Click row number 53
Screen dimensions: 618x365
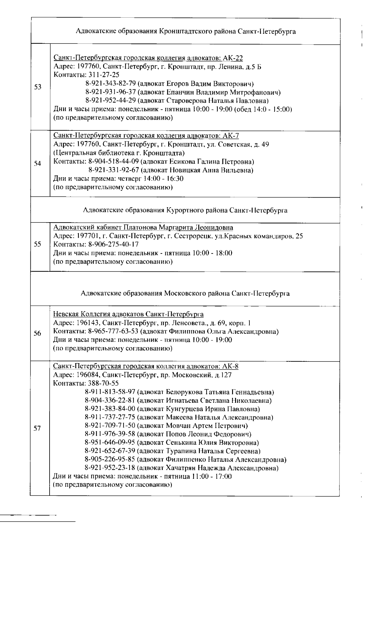pyautogui.click(x=38, y=87)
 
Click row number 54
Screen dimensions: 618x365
pyautogui.click(x=38, y=164)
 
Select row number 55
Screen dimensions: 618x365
pyautogui.click(x=38, y=244)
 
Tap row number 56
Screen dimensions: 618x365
pyautogui.click(x=37, y=333)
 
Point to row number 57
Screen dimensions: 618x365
pyautogui.click(x=37, y=428)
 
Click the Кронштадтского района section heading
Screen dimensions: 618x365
pyautogui.click(x=186, y=31)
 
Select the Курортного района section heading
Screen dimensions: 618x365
pyautogui.click(x=185, y=210)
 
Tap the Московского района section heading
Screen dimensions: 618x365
pyautogui.click(x=185, y=293)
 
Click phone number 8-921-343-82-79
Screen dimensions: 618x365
pyautogui.click(x=110, y=84)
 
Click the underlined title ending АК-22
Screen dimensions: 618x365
pyautogui.click(x=148, y=58)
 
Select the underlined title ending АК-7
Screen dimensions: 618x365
pyautogui.click(x=148, y=136)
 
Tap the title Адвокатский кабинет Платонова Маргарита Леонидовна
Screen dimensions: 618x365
pyautogui.click(x=143, y=227)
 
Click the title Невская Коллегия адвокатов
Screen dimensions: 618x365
pyautogui.click(x=128, y=314)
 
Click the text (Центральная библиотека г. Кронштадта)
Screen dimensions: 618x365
pyautogui.click(x=119, y=153)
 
